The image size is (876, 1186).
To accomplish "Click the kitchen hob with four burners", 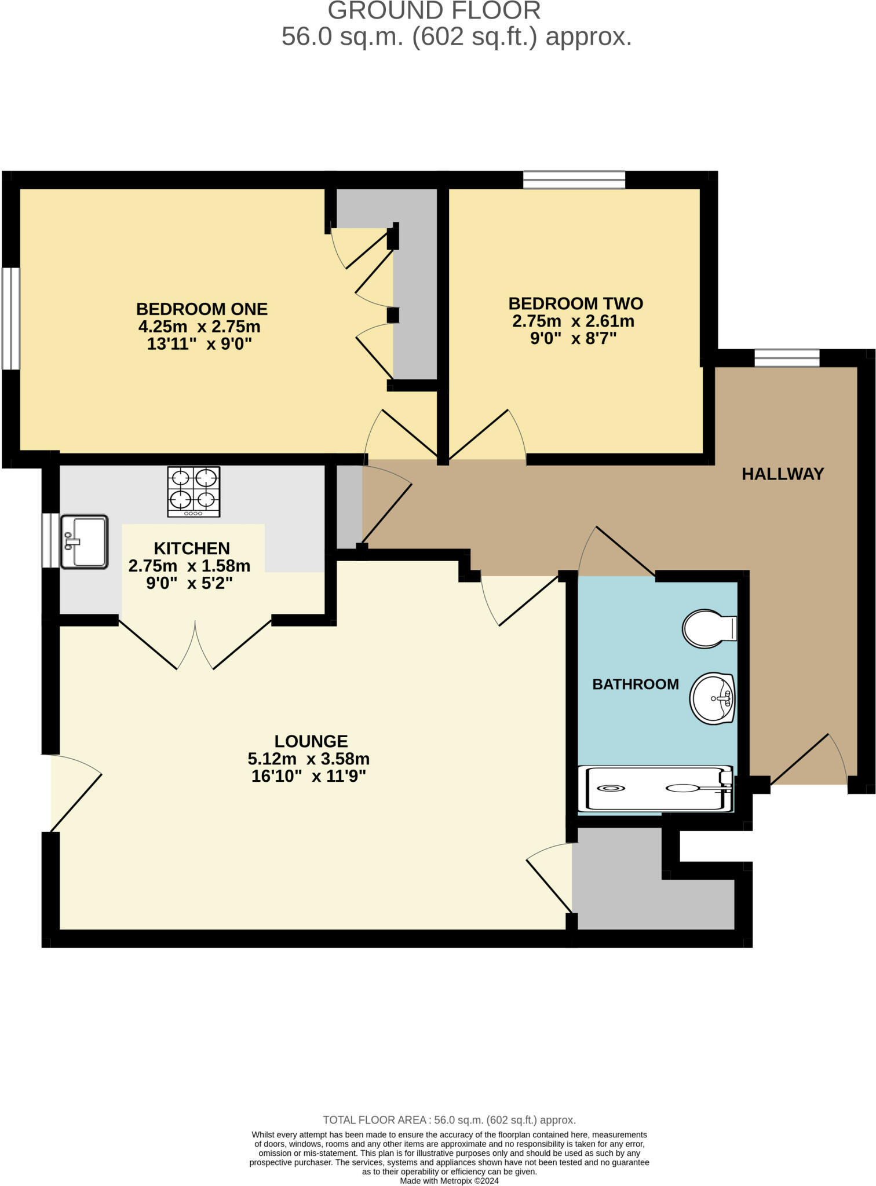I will (x=194, y=492).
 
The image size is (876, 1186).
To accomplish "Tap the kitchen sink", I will (x=85, y=541).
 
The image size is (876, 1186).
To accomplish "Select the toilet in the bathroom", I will (x=709, y=628).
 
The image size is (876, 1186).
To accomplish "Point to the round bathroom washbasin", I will (x=713, y=698).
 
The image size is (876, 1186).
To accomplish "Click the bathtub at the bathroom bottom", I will (x=657, y=788).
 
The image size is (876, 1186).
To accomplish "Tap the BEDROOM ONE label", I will (x=202, y=309).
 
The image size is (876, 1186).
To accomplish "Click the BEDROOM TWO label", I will (x=575, y=303).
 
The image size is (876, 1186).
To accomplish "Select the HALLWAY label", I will (x=783, y=474).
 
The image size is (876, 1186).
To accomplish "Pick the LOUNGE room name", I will (x=311, y=741).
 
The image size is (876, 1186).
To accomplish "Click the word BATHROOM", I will (x=635, y=684).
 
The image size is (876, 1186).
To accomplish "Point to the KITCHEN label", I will (x=192, y=548).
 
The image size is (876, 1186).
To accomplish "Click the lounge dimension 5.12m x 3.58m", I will (x=308, y=759).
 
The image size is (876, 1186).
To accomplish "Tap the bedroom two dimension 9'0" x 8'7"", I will (x=573, y=338).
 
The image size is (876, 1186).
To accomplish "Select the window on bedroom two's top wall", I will (x=574, y=180).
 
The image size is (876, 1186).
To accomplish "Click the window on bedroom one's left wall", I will (x=10, y=318).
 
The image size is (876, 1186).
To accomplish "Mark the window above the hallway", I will (x=787, y=358).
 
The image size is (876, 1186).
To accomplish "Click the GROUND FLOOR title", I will (x=434, y=11).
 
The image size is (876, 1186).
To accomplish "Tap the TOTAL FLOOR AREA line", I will (x=449, y=1120).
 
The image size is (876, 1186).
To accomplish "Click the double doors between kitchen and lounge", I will (x=195, y=645).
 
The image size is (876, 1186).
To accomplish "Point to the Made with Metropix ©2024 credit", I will (x=449, y=1181).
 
